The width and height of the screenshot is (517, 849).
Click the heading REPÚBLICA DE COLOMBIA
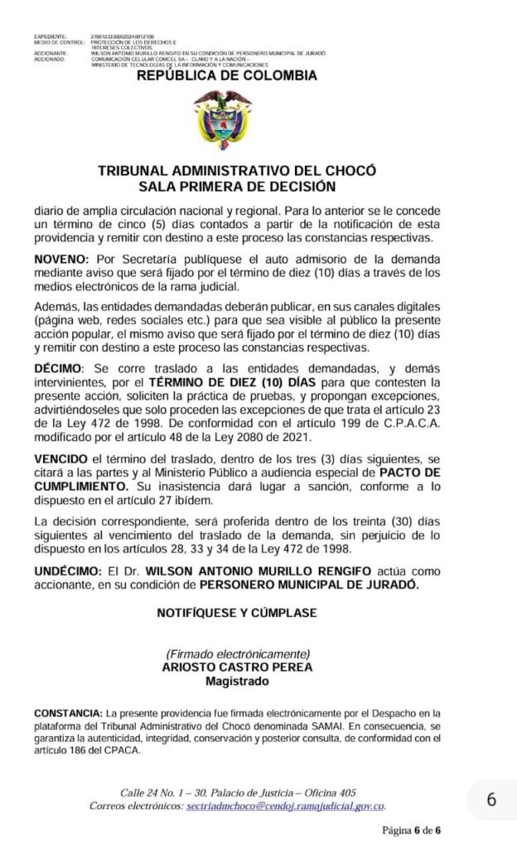click(x=226, y=76)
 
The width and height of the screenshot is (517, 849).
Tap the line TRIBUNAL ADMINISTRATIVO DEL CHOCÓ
click(x=237, y=171)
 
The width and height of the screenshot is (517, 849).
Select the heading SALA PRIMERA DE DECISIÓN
click(x=237, y=187)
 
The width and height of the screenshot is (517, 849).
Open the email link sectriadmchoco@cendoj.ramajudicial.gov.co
click(x=286, y=806)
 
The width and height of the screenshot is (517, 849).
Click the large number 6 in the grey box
click(x=491, y=800)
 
